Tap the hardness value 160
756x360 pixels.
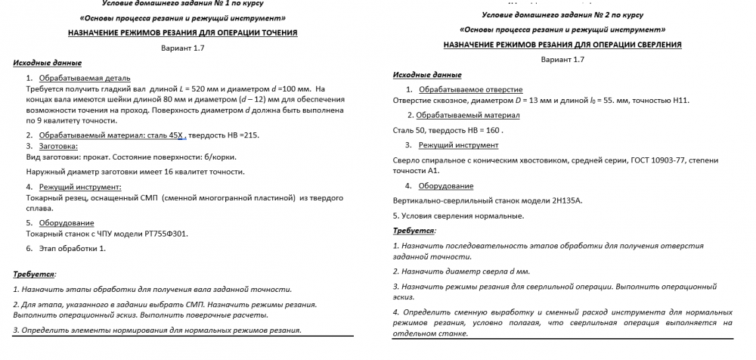coord(490,130)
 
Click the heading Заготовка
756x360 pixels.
coord(58,145)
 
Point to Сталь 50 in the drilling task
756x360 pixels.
coord(408,130)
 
